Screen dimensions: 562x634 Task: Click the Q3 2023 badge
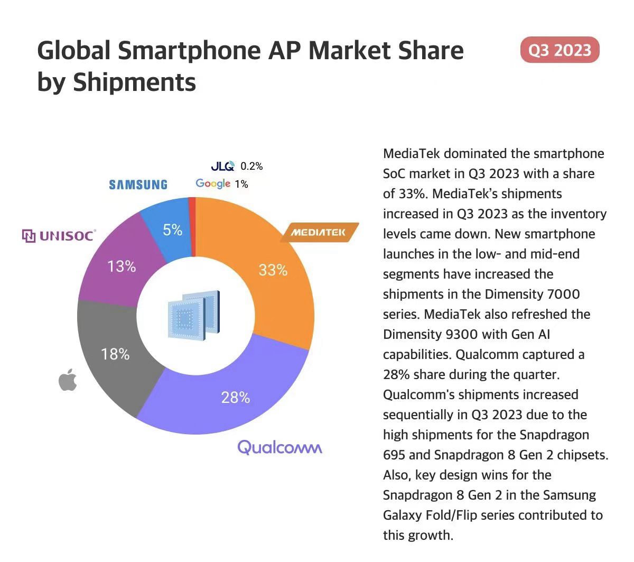560,50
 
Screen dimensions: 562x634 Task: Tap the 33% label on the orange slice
273,271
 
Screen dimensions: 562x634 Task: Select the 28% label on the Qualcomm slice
236,397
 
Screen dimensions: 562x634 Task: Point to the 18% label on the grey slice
115,354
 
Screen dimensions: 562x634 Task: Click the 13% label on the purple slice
122,266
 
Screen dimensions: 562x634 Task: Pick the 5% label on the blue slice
172,230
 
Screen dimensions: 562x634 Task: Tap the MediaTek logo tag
319,232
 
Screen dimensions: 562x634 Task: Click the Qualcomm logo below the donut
279,447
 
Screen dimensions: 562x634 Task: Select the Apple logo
67,381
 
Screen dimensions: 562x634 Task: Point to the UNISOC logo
59,235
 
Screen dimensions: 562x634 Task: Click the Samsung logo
138,185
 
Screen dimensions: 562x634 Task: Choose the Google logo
213,183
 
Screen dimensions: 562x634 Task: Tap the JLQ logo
222,166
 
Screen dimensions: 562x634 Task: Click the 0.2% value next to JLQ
251,166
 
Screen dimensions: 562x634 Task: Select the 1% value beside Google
241,184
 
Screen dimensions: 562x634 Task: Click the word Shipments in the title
134,82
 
